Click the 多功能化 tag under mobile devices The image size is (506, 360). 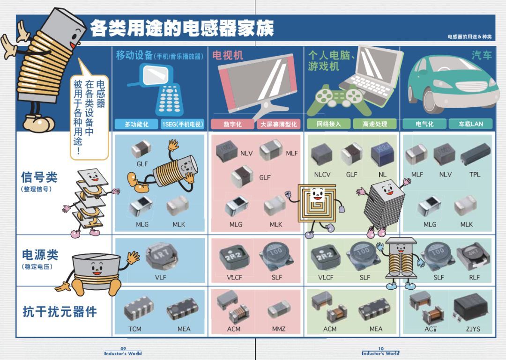pyautogui.click(x=136, y=124)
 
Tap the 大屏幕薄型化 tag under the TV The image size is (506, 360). pyautogui.click(x=278, y=124)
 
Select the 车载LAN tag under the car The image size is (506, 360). pyautogui.click(x=471, y=124)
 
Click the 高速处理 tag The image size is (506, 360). pyautogui.click(x=375, y=124)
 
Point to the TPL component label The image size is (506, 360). pyautogui.click(x=475, y=175)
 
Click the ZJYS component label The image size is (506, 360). pyautogui.click(x=473, y=329)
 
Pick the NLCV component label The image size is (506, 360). pyautogui.click(x=322, y=175)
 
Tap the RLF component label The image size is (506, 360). pyautogui.click(x=474, y=278)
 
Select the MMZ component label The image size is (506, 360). pyautogui.click(x=278, y=329)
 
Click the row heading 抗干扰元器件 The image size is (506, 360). pyautogui.click(x=60, y=312)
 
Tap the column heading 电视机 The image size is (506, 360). pyautogui.click(x=227, y=56)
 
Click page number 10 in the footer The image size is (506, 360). pyautogui.click(x=381, y=349)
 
